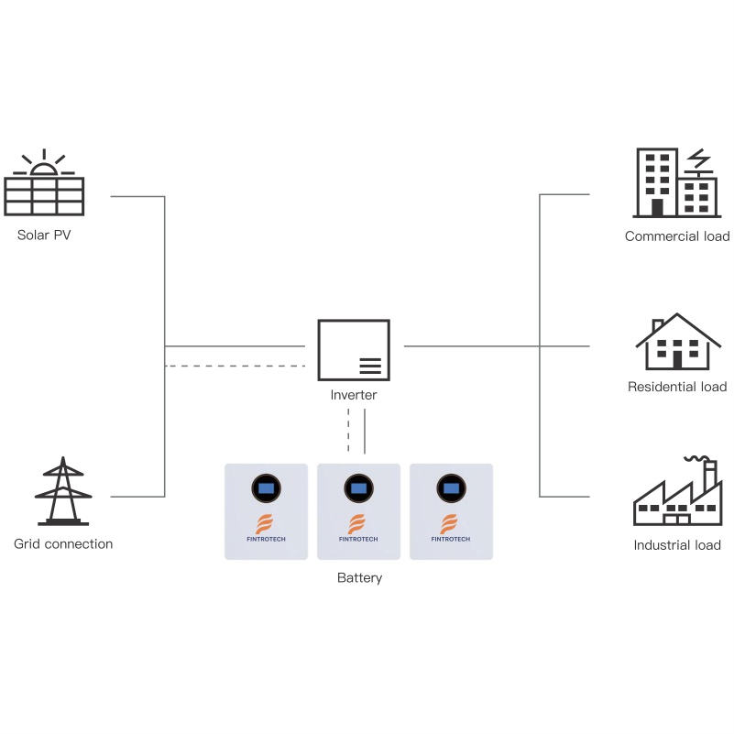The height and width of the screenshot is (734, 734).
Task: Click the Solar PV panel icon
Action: (x=44, y=196)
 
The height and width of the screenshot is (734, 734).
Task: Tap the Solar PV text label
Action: (x=44, y=236)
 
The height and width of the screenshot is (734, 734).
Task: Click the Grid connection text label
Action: (x=63, y=544)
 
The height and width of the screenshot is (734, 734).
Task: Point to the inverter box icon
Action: (x=353, y=350)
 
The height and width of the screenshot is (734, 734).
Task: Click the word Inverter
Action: (x=354, y=396)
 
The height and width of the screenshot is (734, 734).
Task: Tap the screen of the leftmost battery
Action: (x=266, y=488)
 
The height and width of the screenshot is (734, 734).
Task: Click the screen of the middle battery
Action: (x=358, y=488)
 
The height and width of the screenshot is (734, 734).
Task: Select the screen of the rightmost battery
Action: (x=451, y=488)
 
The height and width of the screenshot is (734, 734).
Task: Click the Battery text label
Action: (x=359, y=578)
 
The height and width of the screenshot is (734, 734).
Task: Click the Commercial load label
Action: (x=677, y=236)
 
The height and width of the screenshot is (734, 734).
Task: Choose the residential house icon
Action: (x=678, y=342)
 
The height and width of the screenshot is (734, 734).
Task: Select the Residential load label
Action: (x=677, y=387)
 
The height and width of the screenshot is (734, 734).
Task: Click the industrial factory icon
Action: (x=677, y=494)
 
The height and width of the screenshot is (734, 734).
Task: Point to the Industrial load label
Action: (x=677, y=545)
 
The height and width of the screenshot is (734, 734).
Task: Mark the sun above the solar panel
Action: (x=44, y=166)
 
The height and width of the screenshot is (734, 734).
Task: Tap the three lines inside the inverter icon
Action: (x=370, y=366)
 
